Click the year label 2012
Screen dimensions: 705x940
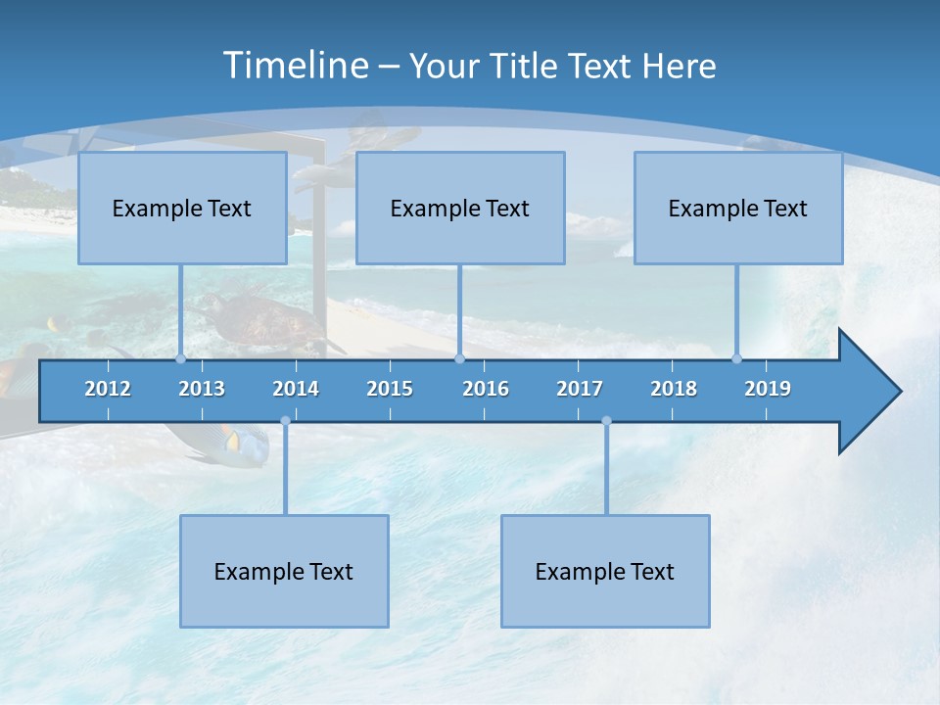click(x=108, y=389)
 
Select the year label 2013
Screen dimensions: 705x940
click(x=202, y=389)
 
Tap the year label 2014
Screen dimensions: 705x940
click(x=296, y=389)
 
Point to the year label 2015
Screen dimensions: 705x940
click(x=390, y=389)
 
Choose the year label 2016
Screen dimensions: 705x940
click(x=486, y=389)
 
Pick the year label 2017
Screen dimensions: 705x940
click(x=580, y=389)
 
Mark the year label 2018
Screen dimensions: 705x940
click(x=674, y=389)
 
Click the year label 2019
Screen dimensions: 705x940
click(x=768, y=389)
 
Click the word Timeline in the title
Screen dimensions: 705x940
click(x=297, y=66)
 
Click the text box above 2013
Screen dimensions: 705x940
click(x=182, y=208)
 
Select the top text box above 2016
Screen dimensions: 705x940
click(x=460, y=208)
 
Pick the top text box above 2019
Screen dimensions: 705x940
click(x=738, y=208)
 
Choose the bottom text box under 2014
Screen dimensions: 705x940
click(x=284, y=571)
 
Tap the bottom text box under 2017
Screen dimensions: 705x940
click(x=605, y=571)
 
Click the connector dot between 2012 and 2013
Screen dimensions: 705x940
click(x=180, y=358)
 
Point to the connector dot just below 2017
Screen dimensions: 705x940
click(x=606, y=421)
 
